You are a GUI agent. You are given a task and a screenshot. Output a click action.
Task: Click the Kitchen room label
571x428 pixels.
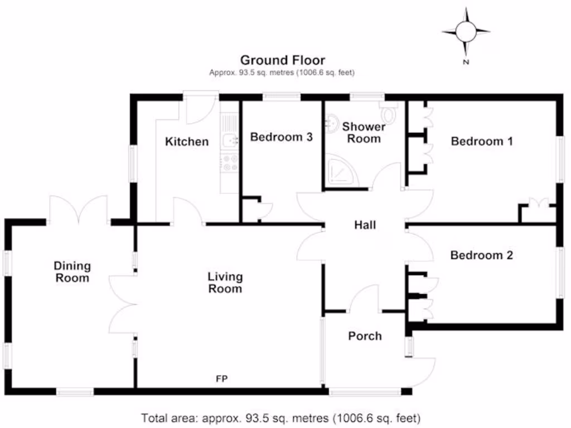pos(187,142)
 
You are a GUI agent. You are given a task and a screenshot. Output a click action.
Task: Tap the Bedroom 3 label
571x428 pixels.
pos(281,137)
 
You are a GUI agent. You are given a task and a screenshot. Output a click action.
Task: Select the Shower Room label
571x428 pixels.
pos(364,133)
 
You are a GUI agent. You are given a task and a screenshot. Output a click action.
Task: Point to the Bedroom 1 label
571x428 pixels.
pos(481,141)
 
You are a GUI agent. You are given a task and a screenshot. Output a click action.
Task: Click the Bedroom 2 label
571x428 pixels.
pos(481,255)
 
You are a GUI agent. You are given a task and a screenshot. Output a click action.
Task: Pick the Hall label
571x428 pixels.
pos(365,225)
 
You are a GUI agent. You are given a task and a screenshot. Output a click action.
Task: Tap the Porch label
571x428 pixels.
pos(365,335)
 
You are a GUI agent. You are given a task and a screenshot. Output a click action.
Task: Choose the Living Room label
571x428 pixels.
pos(225,283)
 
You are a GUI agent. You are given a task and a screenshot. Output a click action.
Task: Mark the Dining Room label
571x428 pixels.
pos(72,272)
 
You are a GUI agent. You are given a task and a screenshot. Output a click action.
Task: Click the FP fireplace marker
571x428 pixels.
pos(222,379)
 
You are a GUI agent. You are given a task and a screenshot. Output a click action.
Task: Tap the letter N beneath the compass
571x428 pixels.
pos(466,62)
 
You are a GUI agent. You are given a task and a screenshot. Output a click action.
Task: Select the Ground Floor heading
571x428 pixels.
pos(282,60)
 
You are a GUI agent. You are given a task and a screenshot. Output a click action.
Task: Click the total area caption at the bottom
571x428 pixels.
pos(280,417)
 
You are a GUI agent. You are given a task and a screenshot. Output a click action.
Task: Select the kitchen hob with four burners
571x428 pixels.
pos(229,162)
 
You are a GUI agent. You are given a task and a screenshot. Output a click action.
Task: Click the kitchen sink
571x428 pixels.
pos(229,140)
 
